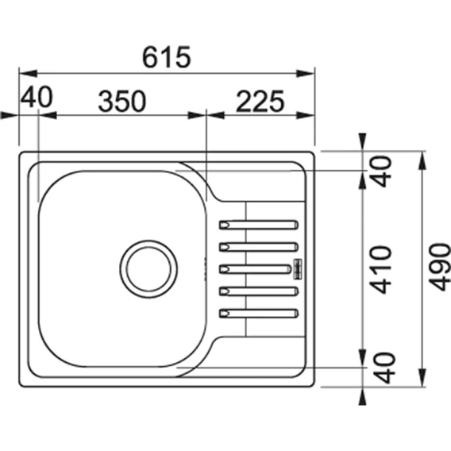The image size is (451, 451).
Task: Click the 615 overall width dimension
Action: (167, 57)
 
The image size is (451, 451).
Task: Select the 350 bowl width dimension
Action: (122, 101)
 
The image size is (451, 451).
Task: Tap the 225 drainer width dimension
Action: (260, 101)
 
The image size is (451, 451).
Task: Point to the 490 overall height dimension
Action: (440, 267)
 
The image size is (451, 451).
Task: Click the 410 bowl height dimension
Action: (380, 269)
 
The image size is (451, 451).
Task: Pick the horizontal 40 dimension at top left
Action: (37, 97)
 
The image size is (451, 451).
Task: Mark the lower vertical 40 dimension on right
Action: (384, 368)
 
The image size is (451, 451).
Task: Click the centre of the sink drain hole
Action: (148, 269)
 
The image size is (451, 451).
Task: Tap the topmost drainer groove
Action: (259, 225)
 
